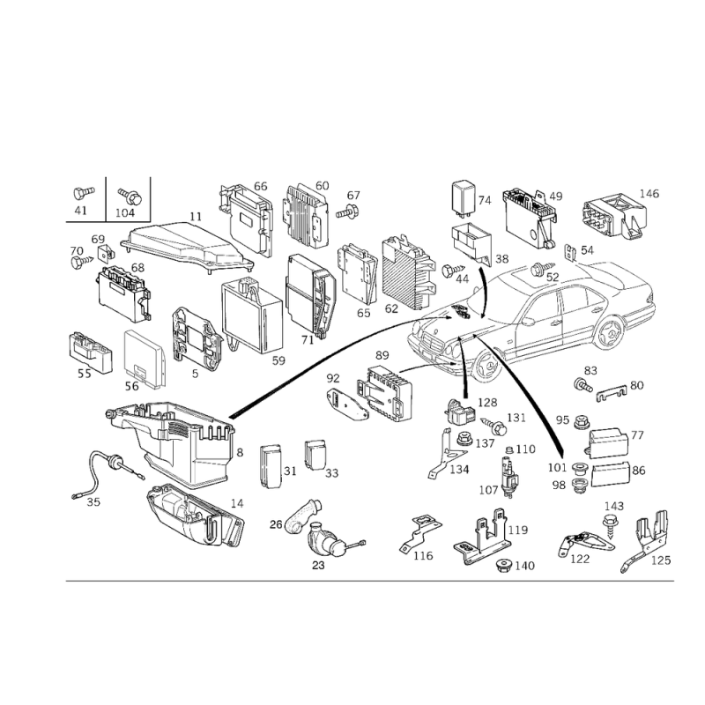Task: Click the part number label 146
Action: (x=649, y=194)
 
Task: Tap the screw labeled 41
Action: (x=83, y=193)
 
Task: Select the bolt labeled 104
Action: (x=130, y=196)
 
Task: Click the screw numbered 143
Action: (x=608, y=526)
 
